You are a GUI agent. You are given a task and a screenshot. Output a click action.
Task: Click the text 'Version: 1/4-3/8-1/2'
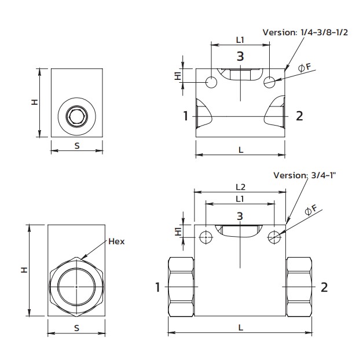(305, 32)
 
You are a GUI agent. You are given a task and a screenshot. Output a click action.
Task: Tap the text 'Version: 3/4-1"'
(305, 175)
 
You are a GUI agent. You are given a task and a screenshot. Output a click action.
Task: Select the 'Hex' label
(116, 241)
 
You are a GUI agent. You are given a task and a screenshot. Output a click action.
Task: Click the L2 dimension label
(240, 187)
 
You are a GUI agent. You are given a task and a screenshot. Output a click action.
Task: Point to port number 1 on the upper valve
(186, 116)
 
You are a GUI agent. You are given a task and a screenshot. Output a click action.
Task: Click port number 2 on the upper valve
(299, 116)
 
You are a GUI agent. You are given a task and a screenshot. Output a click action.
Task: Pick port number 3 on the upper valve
(240, 56)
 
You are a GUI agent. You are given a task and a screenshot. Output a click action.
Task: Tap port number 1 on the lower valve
(157, 286)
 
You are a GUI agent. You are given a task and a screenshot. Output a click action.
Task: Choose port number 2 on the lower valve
(324, 286)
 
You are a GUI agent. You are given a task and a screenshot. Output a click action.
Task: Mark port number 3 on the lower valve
(240, 216)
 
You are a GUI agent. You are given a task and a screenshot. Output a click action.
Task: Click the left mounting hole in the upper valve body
(211, 82)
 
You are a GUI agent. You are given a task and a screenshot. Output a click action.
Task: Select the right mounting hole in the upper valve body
(269, 82)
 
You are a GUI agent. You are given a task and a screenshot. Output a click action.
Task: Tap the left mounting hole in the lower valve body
(204, 236)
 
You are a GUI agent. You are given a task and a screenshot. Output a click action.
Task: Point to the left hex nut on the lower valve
(181, 286)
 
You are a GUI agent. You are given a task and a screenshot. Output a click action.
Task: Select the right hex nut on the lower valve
(299, 286)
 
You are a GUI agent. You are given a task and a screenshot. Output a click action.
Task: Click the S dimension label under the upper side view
(77, 145)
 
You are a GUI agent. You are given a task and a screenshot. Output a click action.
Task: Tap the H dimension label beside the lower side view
(24, 270)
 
